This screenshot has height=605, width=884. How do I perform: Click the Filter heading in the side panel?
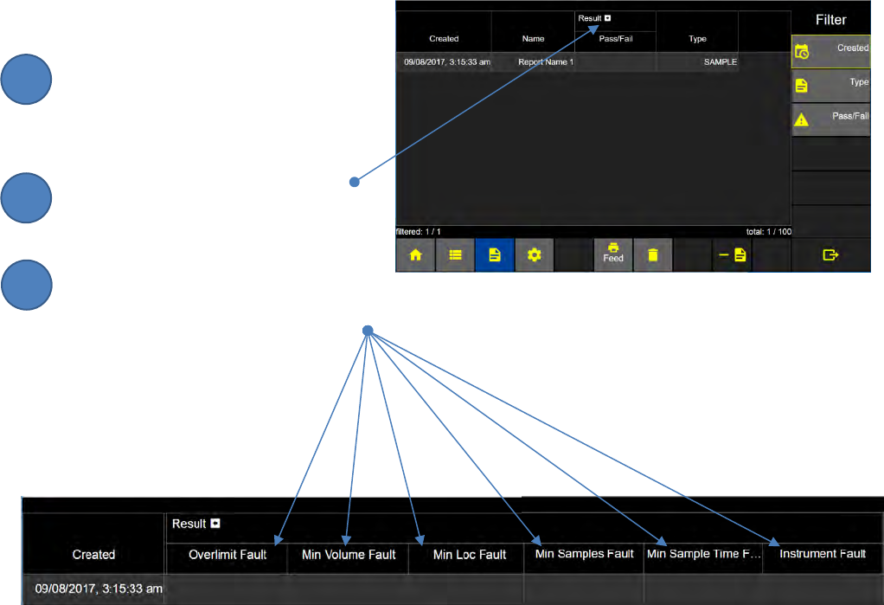830,20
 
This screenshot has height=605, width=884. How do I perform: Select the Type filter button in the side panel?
831,85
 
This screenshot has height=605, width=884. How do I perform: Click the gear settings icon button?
535,255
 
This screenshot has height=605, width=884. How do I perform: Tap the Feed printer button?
613,254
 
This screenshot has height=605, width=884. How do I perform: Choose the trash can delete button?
653,255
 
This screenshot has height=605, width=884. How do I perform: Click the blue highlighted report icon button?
495,255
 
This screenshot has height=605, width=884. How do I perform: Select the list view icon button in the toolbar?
455,255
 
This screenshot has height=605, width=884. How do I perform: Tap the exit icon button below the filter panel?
831,255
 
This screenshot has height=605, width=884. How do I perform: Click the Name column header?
533,39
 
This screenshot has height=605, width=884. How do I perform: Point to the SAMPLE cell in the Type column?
720,62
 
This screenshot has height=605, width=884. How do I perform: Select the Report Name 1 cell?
545,62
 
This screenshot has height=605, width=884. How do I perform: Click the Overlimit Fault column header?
227,554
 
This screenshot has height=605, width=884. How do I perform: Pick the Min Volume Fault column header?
349,554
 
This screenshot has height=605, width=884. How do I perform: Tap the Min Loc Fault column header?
470,554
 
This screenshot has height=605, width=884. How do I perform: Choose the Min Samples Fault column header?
584,554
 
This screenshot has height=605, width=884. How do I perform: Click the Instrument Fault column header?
822,554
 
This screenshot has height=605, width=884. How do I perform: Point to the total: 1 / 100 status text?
768,232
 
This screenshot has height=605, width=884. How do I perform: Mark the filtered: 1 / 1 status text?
420,232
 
